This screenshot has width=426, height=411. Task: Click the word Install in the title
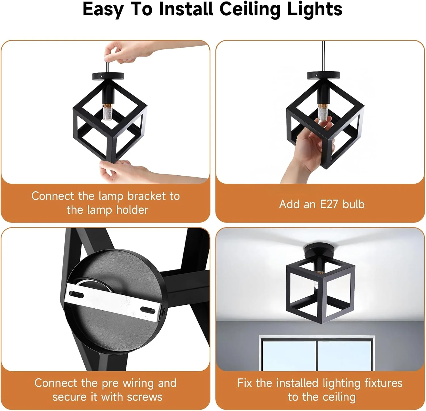[186, 9]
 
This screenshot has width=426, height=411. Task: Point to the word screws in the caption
[145, 397]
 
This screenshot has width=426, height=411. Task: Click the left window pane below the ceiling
[289, 356]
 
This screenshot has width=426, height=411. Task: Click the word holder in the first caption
[132, 210]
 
